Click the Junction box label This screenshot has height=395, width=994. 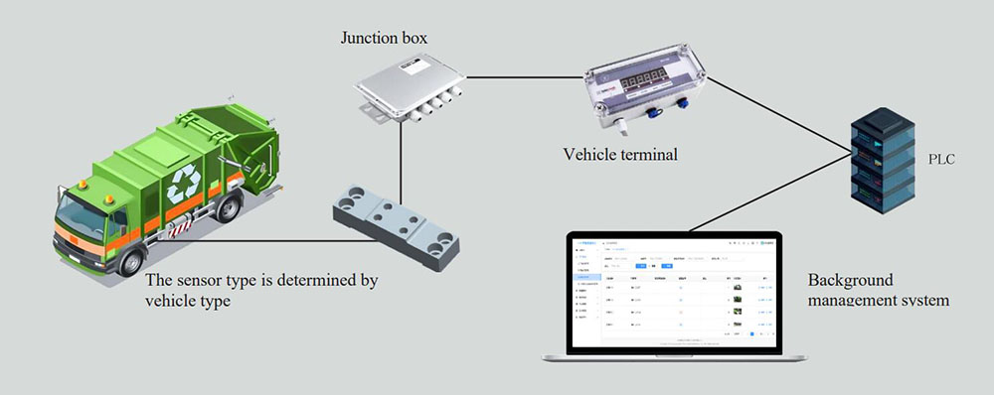[383, 39]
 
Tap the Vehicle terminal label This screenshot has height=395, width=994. [621, 154]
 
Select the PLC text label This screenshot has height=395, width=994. [939, 158]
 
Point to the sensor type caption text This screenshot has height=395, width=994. [260, 290]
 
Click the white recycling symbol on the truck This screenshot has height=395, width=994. [184, 184]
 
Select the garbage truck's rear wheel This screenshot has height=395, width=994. [229, 209]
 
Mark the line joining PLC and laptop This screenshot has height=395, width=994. [765, 194]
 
